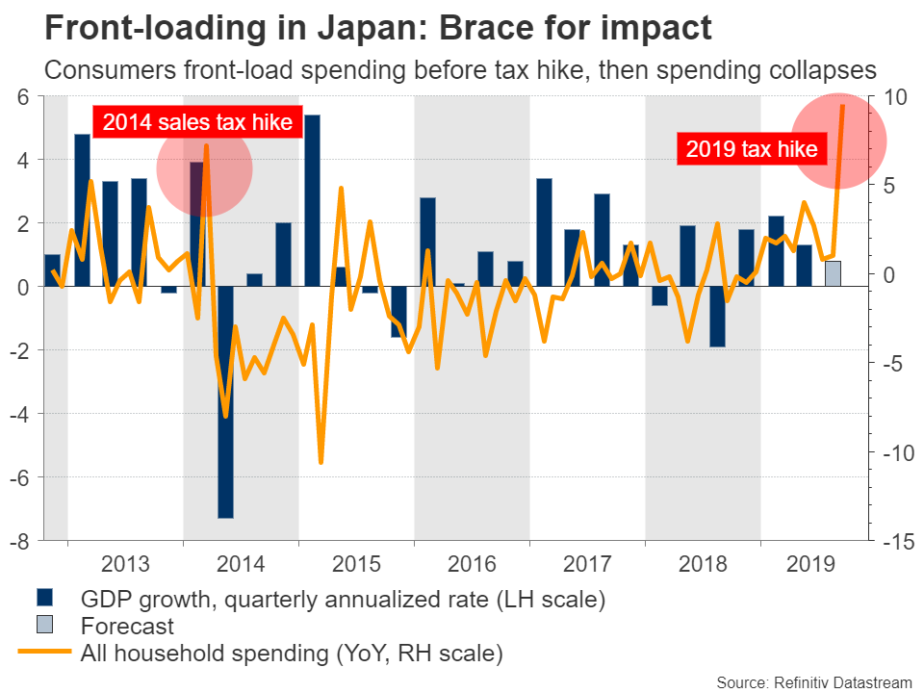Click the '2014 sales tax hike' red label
[197, 122]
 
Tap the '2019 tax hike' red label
[751, 149]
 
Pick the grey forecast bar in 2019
[833, 273]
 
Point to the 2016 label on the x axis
[472, 562]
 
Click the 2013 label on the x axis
[125, 562]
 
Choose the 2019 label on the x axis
[806, 562]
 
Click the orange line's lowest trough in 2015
[321, 462]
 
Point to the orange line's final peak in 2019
[843, 106]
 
